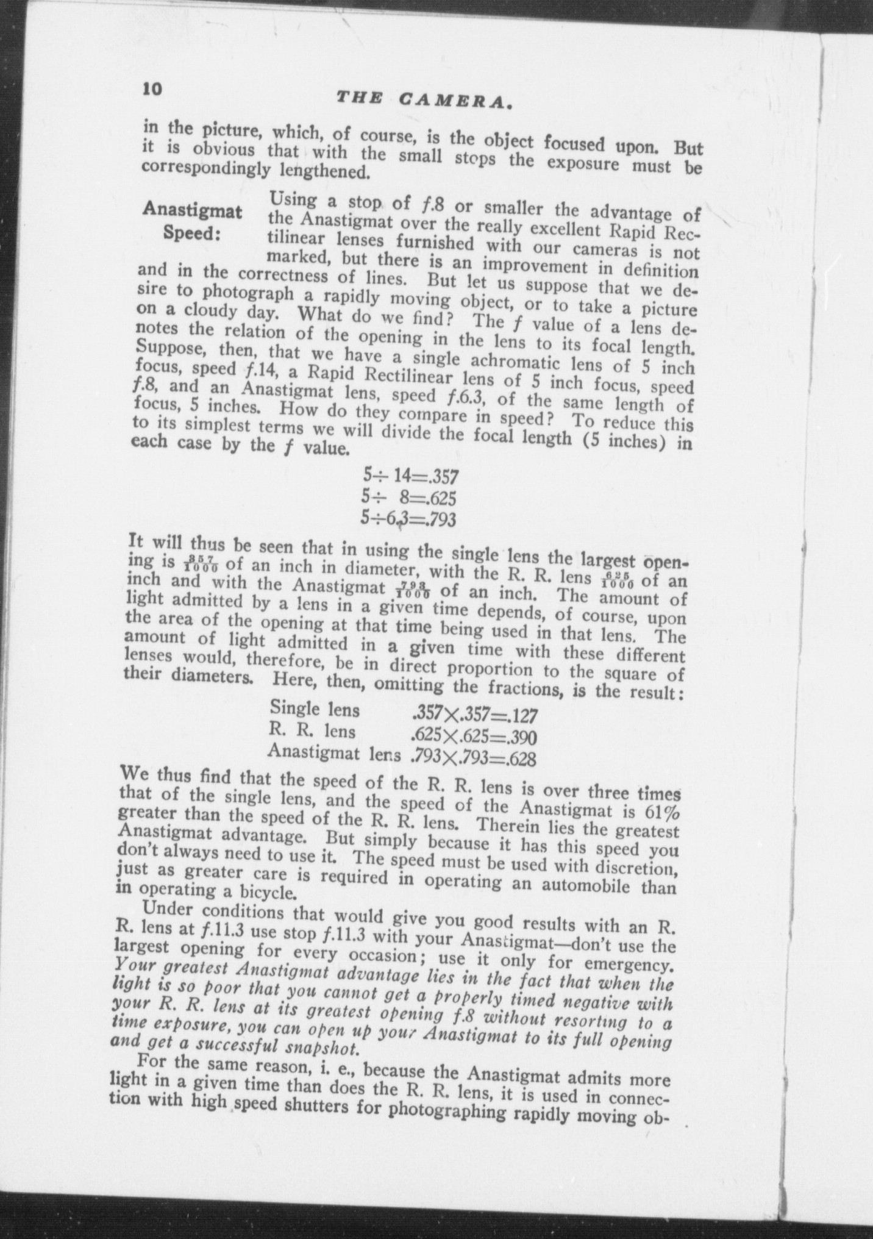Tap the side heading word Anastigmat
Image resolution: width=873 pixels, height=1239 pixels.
point(192,210)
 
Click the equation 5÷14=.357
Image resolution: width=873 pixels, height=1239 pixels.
point(410,476)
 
